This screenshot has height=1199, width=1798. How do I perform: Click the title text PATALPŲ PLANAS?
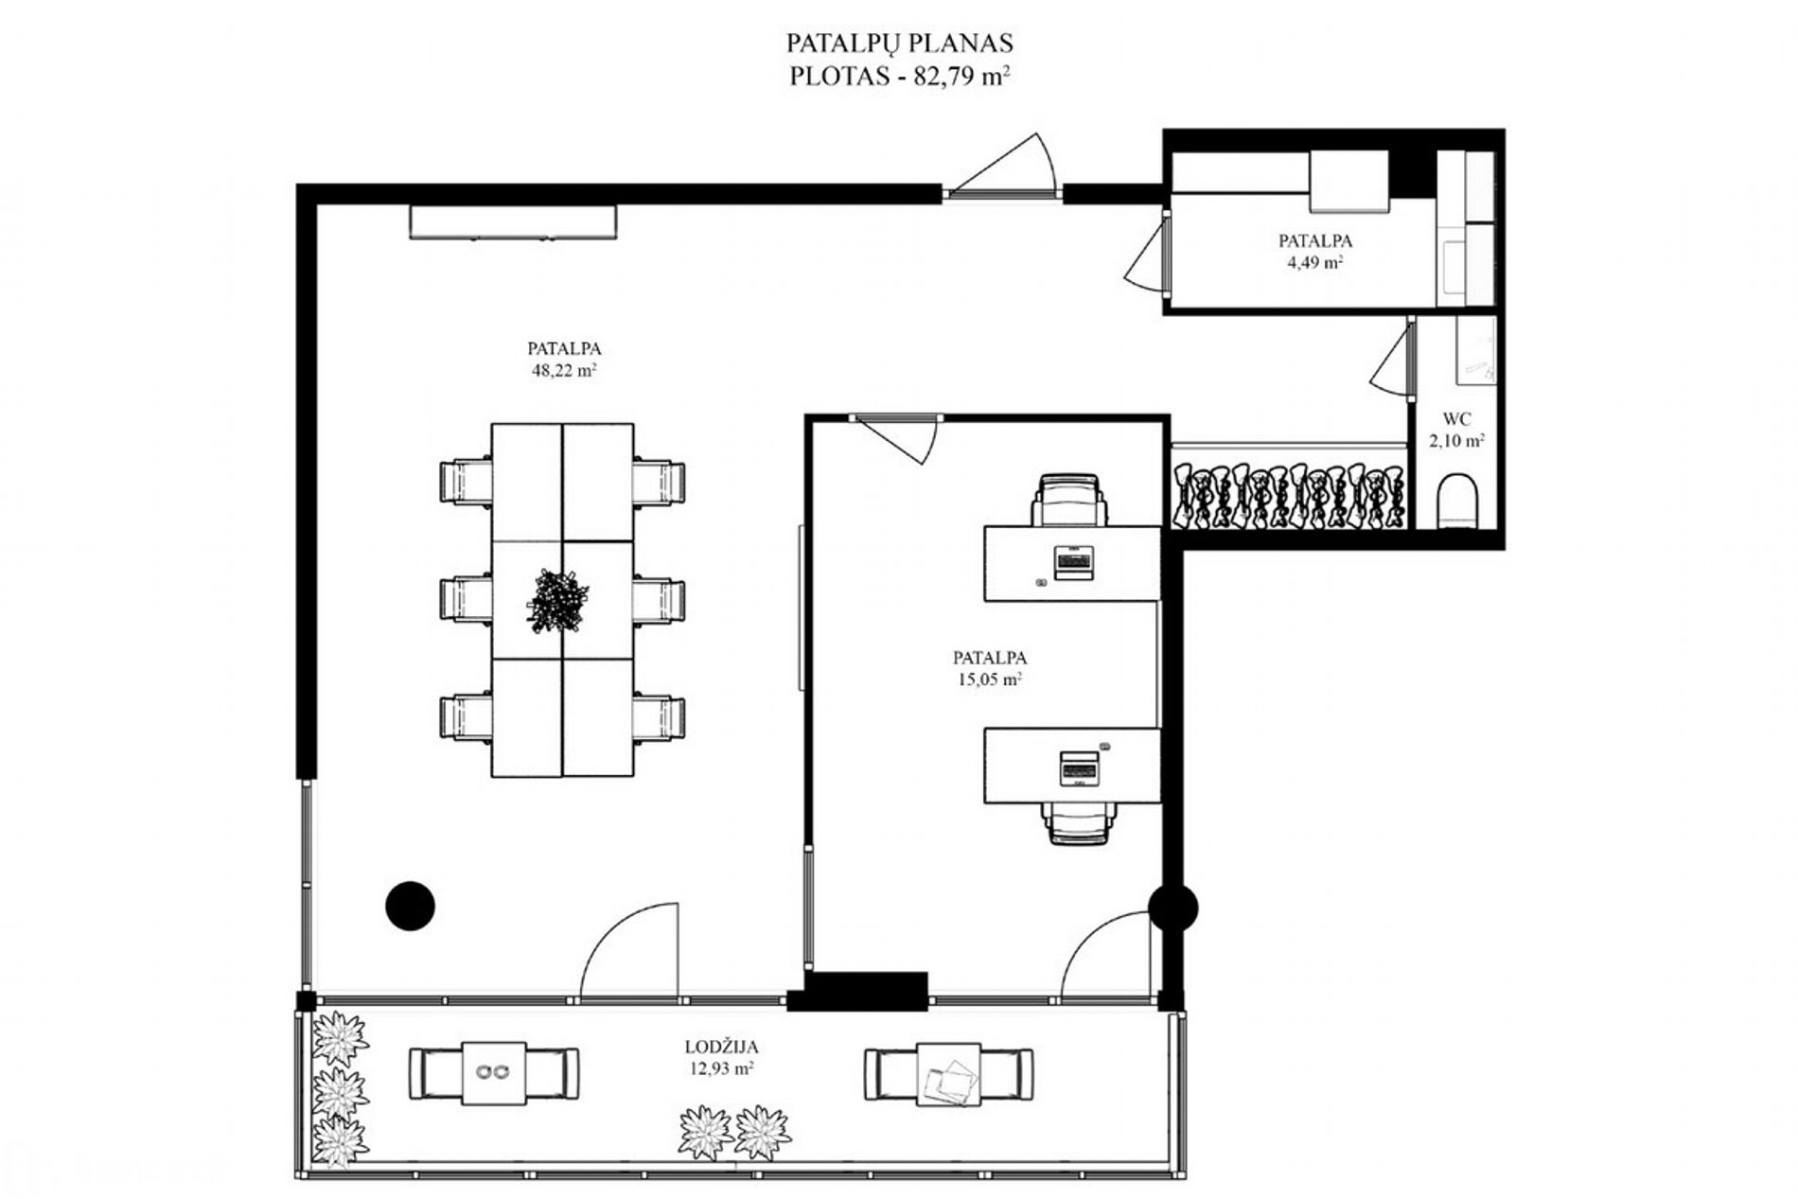click(899, 43)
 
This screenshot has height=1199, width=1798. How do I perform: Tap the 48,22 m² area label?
click(564, 371)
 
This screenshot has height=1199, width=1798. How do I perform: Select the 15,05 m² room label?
click(990, 679)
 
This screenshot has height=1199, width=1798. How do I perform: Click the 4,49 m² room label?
click(1315, 262)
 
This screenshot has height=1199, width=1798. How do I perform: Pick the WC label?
click(1457, 418)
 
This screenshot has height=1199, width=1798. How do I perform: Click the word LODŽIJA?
click(722, 1047)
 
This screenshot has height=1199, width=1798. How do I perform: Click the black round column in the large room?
click(410, 906)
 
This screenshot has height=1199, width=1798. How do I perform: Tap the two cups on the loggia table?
click(493, 1071)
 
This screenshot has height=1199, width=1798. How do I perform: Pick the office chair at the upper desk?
click(1069, 500)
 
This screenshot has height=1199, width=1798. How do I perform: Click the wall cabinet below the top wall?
click(513, 221)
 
